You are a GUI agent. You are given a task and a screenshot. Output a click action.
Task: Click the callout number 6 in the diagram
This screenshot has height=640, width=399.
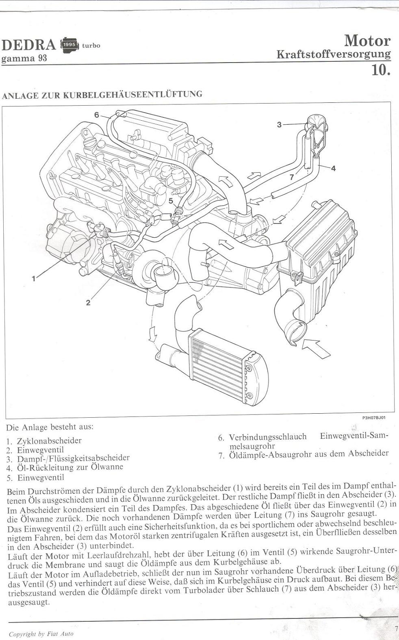[x=97, y=115]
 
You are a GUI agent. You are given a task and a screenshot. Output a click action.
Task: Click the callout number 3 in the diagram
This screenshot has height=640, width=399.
[x=279, y=124]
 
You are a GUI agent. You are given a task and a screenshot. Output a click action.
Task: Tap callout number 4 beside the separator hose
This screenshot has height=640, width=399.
[x=333, y=168]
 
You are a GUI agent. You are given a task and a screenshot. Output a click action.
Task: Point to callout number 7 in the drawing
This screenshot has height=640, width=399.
[x=292, y=177]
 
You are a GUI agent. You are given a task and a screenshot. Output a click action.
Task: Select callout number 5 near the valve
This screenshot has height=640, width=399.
[x=171, y=201]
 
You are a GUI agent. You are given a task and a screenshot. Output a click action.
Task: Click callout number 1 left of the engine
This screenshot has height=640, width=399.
[x=34, y=278]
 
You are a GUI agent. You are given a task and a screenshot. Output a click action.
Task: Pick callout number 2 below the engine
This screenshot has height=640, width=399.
[x=88, y=302]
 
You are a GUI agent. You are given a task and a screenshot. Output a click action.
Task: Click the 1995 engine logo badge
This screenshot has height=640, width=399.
[x=69, y=45]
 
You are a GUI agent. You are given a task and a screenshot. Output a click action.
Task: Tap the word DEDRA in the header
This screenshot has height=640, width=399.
[x=29, y=45]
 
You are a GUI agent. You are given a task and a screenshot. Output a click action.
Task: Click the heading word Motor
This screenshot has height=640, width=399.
[x=367, y=41]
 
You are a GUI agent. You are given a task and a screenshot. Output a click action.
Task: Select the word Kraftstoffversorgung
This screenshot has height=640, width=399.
[x=333, y=54]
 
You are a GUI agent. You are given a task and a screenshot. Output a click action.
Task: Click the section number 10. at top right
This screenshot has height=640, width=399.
[x=381, y=69]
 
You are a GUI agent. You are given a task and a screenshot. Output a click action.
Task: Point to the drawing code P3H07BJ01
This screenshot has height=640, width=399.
[x=374, y=417]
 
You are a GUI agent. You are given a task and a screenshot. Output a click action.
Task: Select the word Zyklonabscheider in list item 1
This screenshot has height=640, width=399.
[x=49, y=440]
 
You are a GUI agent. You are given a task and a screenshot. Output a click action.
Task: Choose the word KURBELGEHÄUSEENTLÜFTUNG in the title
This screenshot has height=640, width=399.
[x=132, y=94]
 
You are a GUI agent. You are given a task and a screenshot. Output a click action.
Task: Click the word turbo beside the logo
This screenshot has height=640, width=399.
[x=91, y=46]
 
